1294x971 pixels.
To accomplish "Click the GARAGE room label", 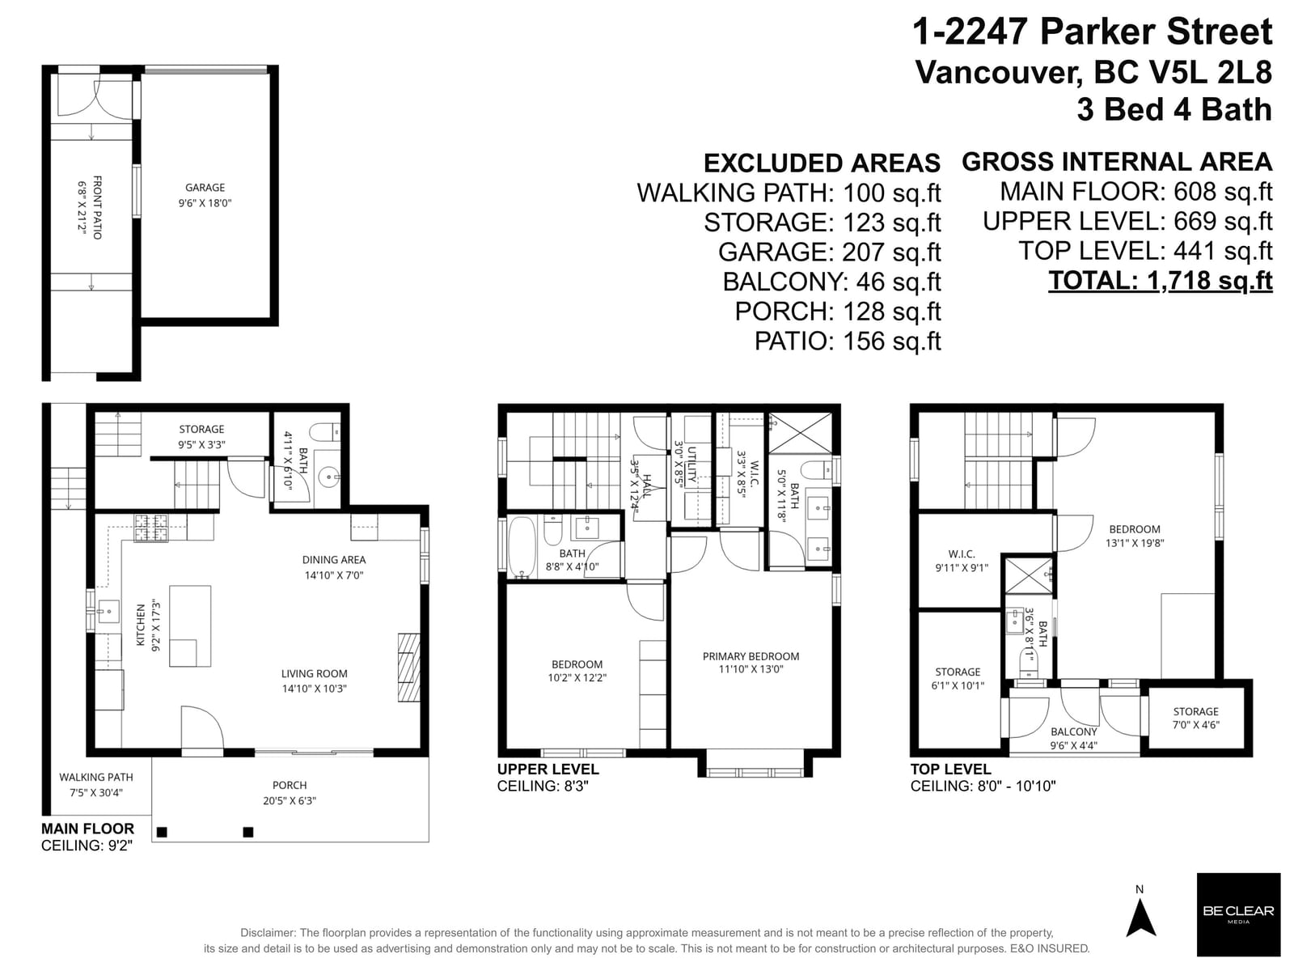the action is (x=205, y=188).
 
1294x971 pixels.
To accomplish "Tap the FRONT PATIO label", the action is (x=97, y=207).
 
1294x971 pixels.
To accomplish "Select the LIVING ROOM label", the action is (x=315, y=673).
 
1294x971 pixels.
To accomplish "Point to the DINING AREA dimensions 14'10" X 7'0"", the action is (x=334, y=575).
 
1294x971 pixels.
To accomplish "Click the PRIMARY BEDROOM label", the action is (x=751, y=656).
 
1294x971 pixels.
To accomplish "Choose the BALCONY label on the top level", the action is (x=1073, y=731).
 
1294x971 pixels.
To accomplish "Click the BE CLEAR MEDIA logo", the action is (x=1238, y=914).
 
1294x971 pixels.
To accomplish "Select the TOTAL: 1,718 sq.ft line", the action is (x=1161, y=281).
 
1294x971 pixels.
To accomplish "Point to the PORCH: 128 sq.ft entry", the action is (x=838, y=312).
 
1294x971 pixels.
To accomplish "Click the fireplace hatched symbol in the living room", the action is (x=409, y=667).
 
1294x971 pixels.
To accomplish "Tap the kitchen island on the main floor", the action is (x=190, y=626).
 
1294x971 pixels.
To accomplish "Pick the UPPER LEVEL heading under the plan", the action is (x=548, y=769).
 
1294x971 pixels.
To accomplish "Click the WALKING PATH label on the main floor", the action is (x=96, y=777).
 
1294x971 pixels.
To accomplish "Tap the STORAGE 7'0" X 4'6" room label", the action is (x=1195, y=718).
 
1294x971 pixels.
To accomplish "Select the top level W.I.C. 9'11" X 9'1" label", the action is (x=962, y=561).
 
